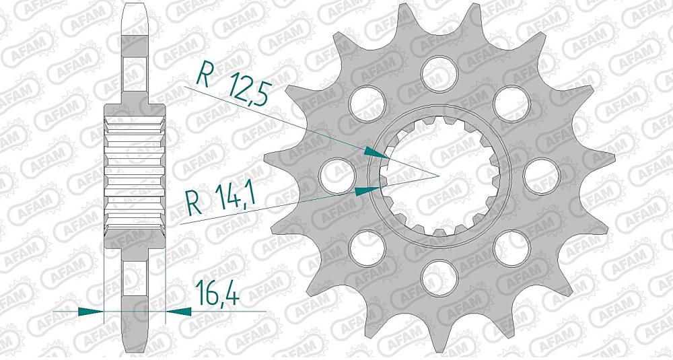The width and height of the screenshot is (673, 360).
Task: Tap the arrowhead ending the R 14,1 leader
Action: coord(365,190)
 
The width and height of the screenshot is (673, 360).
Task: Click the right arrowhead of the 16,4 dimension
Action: coord(179,312)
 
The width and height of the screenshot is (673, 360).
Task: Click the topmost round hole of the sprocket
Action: coord(437,70)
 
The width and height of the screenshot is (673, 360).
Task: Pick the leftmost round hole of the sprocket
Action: coord(334,173)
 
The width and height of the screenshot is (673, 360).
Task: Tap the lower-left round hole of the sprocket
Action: coord(365,246)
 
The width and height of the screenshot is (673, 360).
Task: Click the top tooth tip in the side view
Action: coord(135,10)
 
